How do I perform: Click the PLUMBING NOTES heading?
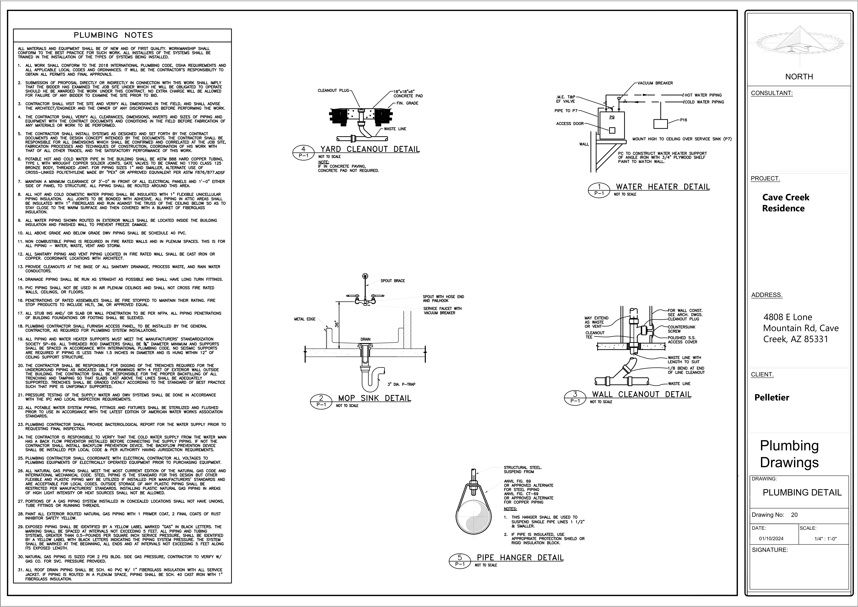tap(113, 35)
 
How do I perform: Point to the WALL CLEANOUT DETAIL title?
tap(641, 394)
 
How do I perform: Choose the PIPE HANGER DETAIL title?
tap(520, 558)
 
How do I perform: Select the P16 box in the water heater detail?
tap(661, 124)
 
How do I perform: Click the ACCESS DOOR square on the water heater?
tap(612, 130)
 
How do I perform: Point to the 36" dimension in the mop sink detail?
tap(336, 324)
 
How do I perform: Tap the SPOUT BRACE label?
tap(392, 281)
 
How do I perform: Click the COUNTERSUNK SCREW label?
tap(682, 329)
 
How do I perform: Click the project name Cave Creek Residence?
tap(786, 203)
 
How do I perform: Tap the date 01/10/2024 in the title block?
tap(771, 539)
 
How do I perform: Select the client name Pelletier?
tap(772, 397)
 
